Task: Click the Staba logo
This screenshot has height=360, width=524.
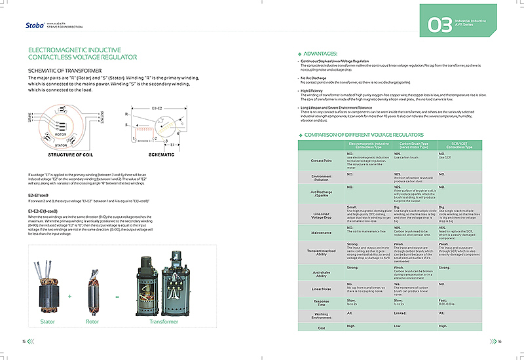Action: pos(32,26)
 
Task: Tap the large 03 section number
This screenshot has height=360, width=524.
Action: pos(440,26)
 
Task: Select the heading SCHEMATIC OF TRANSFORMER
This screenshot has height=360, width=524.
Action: pos(64,70)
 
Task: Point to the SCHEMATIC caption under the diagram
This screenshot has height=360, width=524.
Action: pos(162,155)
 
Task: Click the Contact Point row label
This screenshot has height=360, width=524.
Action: pos(321,160)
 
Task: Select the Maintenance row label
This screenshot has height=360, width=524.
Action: pos(321,232)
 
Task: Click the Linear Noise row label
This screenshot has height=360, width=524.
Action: pos(321,289)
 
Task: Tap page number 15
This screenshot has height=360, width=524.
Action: pos(24,341)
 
